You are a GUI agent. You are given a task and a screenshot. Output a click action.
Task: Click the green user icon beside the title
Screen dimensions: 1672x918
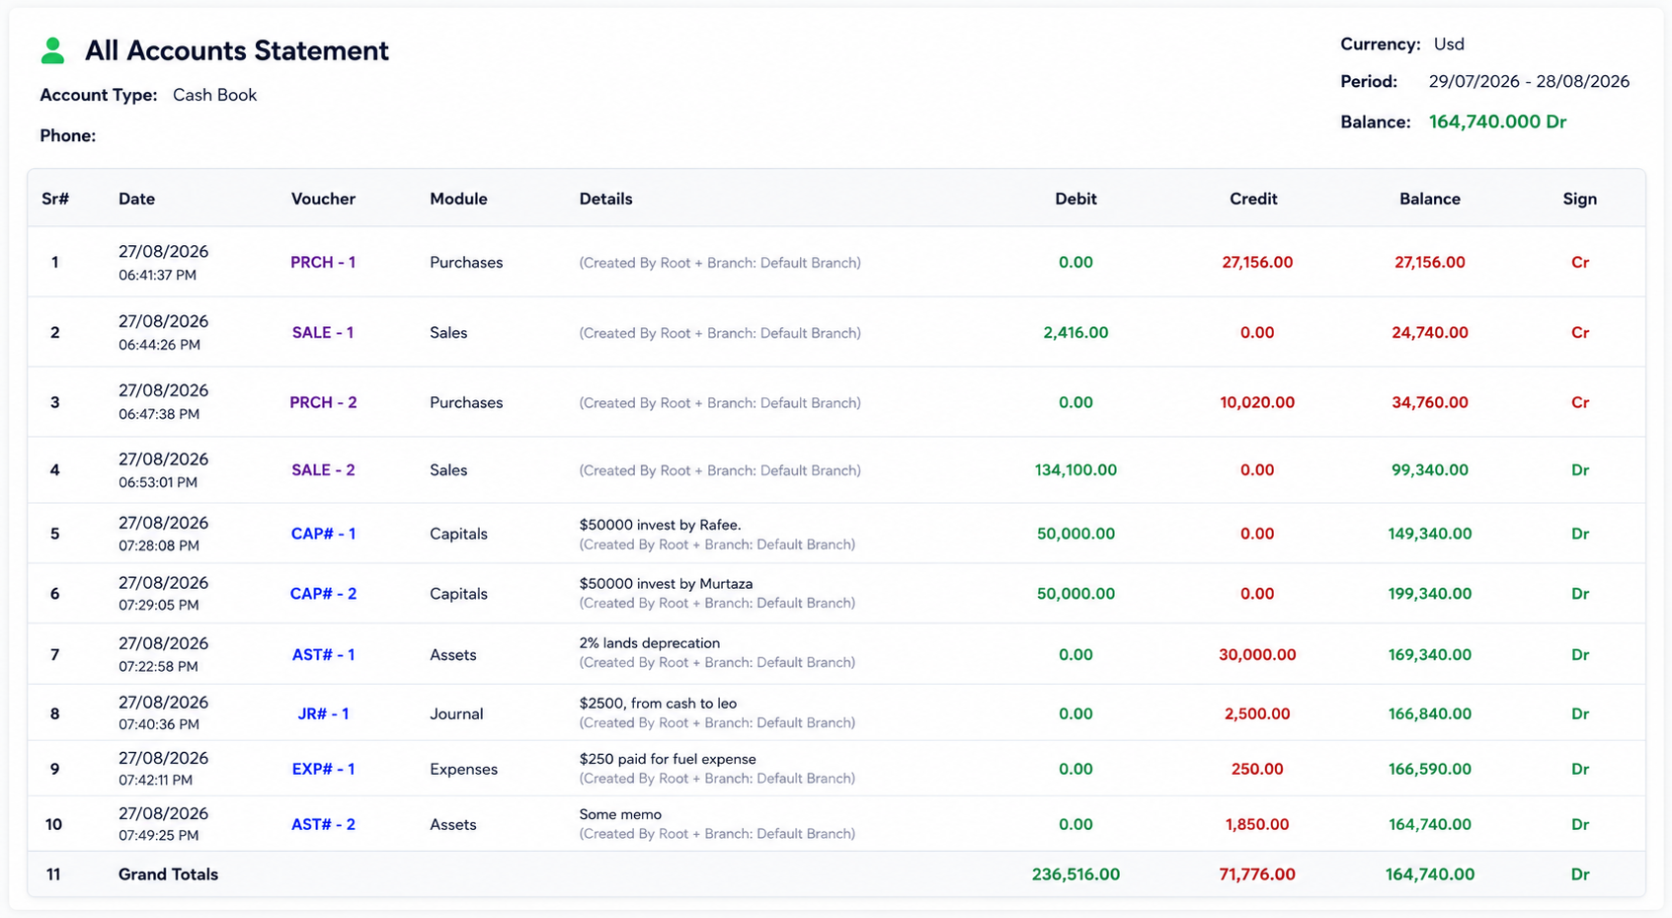[x=52, y=50]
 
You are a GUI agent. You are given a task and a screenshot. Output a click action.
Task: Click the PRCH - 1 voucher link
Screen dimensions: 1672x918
[x=323, y=262]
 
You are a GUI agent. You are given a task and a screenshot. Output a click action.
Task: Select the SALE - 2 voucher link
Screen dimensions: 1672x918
[x=323, y=469]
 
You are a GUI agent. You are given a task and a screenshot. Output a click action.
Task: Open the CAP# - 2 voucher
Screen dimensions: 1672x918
[x=323, y=593]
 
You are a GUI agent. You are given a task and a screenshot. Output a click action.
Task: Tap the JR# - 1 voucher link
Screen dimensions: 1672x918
[x=323, y=713]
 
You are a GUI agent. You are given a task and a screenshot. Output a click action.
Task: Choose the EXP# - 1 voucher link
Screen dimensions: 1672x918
[x=323, y=769]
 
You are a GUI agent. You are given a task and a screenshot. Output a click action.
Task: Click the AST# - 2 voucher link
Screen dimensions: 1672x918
[x=323, y=824]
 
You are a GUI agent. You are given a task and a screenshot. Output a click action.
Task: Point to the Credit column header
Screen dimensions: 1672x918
[x=1253, y=199]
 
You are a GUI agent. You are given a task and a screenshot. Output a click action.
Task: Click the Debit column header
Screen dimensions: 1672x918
[x=1075, y=199]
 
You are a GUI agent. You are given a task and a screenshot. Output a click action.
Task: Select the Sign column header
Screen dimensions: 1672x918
[x=1580, y=199]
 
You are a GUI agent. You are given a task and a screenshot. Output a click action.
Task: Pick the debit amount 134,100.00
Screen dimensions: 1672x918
[x=1075, y=469]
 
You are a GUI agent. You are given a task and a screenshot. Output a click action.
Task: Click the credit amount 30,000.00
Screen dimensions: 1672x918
[x=1257, y=654]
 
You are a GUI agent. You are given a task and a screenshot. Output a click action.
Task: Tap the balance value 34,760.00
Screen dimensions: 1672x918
[x=1430, y=402]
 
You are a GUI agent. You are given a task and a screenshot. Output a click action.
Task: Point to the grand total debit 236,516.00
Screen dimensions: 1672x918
[x=1075, y=874]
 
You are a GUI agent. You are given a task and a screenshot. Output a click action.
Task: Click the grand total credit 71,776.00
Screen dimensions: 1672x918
[x=1257, y=874]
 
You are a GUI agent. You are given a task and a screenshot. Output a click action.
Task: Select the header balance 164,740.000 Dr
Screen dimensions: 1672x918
[x=1497, y=122]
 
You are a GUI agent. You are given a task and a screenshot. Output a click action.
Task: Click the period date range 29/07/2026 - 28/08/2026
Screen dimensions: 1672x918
[x=1529, y=81]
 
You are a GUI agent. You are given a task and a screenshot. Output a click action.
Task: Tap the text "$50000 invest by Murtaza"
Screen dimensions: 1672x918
[x=666, y=583]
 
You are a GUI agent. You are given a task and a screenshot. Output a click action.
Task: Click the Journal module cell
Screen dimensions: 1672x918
[x=456, y=713]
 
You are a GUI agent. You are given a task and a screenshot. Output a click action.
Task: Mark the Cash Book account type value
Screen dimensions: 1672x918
[x=215, y=95]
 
